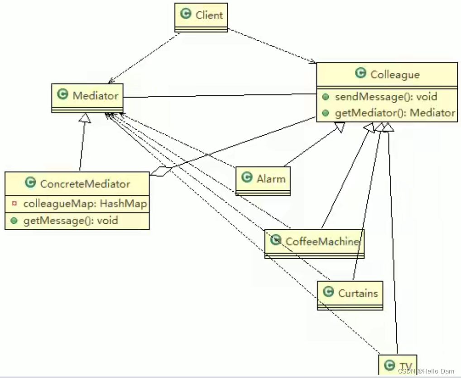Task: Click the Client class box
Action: (201, 17)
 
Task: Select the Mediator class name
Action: (95, 95)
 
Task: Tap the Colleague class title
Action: (395, 74)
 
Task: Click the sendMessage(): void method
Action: (385, 97)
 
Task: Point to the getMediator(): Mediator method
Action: (394, 113)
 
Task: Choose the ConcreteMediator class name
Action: (85, 184)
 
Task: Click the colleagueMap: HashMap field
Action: (85, 203)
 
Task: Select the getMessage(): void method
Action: (70, 220)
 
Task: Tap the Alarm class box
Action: (263, 180)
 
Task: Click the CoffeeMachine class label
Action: (322, 241)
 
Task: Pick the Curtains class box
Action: (350, 295)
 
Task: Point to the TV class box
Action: (397, 366)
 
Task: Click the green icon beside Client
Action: (186, 14)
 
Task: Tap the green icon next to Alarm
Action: (247, 178)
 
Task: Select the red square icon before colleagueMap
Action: (14, 203)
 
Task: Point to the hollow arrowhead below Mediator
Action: (85, 118)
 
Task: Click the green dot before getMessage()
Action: (14, 220)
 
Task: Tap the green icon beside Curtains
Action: (328, 292)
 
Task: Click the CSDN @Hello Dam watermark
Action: (426, 371)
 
